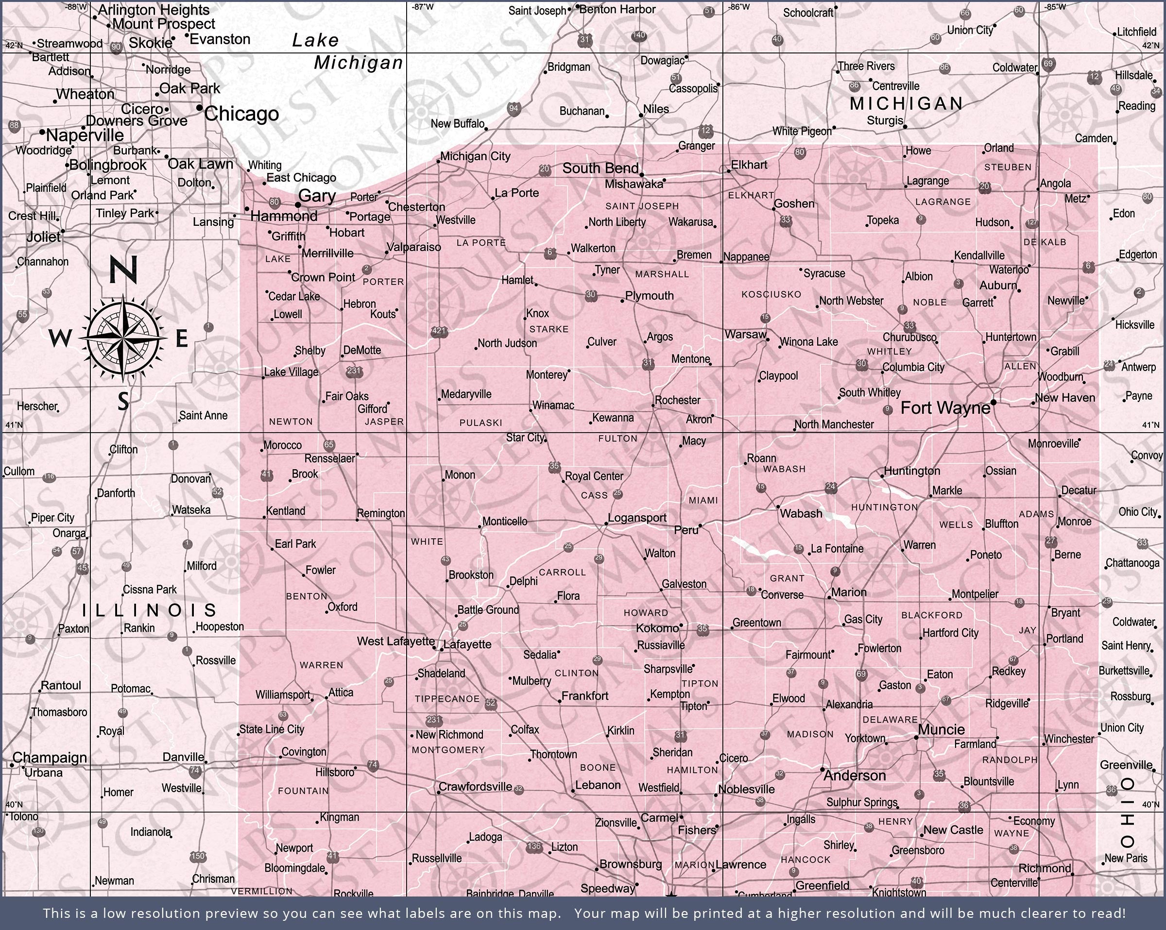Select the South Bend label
600,168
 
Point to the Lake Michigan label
346,52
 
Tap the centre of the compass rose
124,338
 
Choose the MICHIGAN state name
907,103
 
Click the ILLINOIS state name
149,610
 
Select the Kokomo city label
657,628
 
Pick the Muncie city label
941,729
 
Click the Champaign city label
50,758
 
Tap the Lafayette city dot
442,649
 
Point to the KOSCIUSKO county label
771,294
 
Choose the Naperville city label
85,135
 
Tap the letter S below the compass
123,401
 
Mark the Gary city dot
297,205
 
